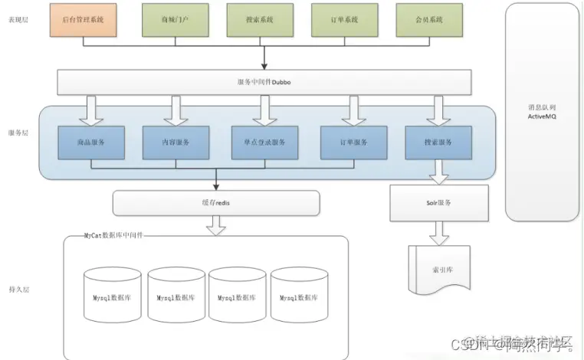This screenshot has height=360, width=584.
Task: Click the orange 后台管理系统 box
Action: [x=84, y=20]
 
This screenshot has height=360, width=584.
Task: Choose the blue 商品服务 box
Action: [x=91, y=142]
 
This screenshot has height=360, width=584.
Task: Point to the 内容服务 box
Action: [x=176, y=142]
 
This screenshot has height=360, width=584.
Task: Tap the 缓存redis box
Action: [x=215, y=203]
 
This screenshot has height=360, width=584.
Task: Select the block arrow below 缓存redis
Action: [x=216, y=225]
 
